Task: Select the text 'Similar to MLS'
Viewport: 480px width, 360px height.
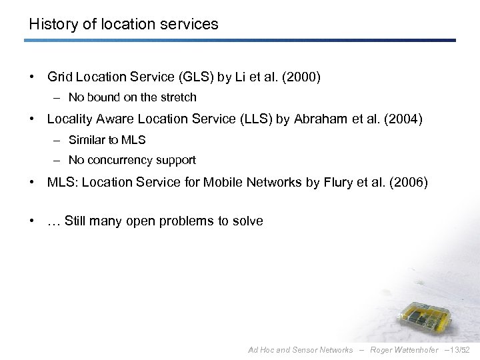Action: click(107, 140)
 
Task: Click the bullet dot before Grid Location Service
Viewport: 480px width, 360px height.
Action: click(32, 77)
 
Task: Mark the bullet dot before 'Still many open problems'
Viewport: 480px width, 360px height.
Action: click(32, 221)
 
